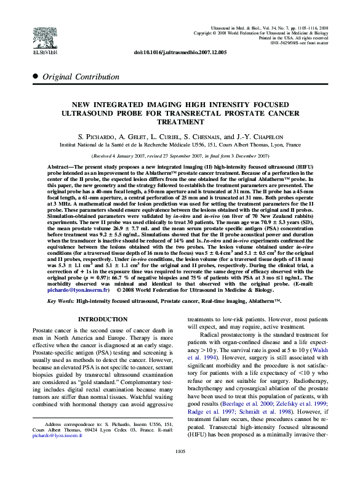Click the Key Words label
point(61,301)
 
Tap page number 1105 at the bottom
point(180,468)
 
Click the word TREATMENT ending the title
point(180,122)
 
